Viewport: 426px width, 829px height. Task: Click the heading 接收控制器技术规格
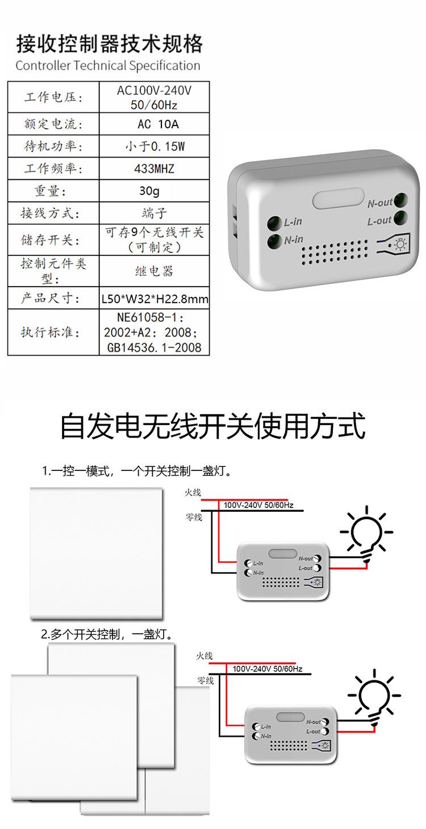pos(109,43)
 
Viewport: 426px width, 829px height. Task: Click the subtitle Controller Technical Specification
pos(108,66)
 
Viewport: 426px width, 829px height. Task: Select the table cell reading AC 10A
pos(154,124)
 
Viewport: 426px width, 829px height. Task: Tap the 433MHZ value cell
pos(154,169)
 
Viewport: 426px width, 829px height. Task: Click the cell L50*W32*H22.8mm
pos(154,298)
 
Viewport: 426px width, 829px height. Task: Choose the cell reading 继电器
pos(154,271)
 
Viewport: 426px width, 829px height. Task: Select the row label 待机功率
pos(53,146)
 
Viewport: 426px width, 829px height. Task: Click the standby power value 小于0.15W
pos(154,146)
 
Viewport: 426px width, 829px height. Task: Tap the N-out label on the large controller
pos(379,203)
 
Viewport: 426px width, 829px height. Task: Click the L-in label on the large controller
pos(294,222)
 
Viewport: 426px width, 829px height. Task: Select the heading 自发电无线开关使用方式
pos(212,427)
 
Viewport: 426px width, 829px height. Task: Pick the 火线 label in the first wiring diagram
pos(193,493)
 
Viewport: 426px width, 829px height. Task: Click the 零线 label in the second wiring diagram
pos(205,680)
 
